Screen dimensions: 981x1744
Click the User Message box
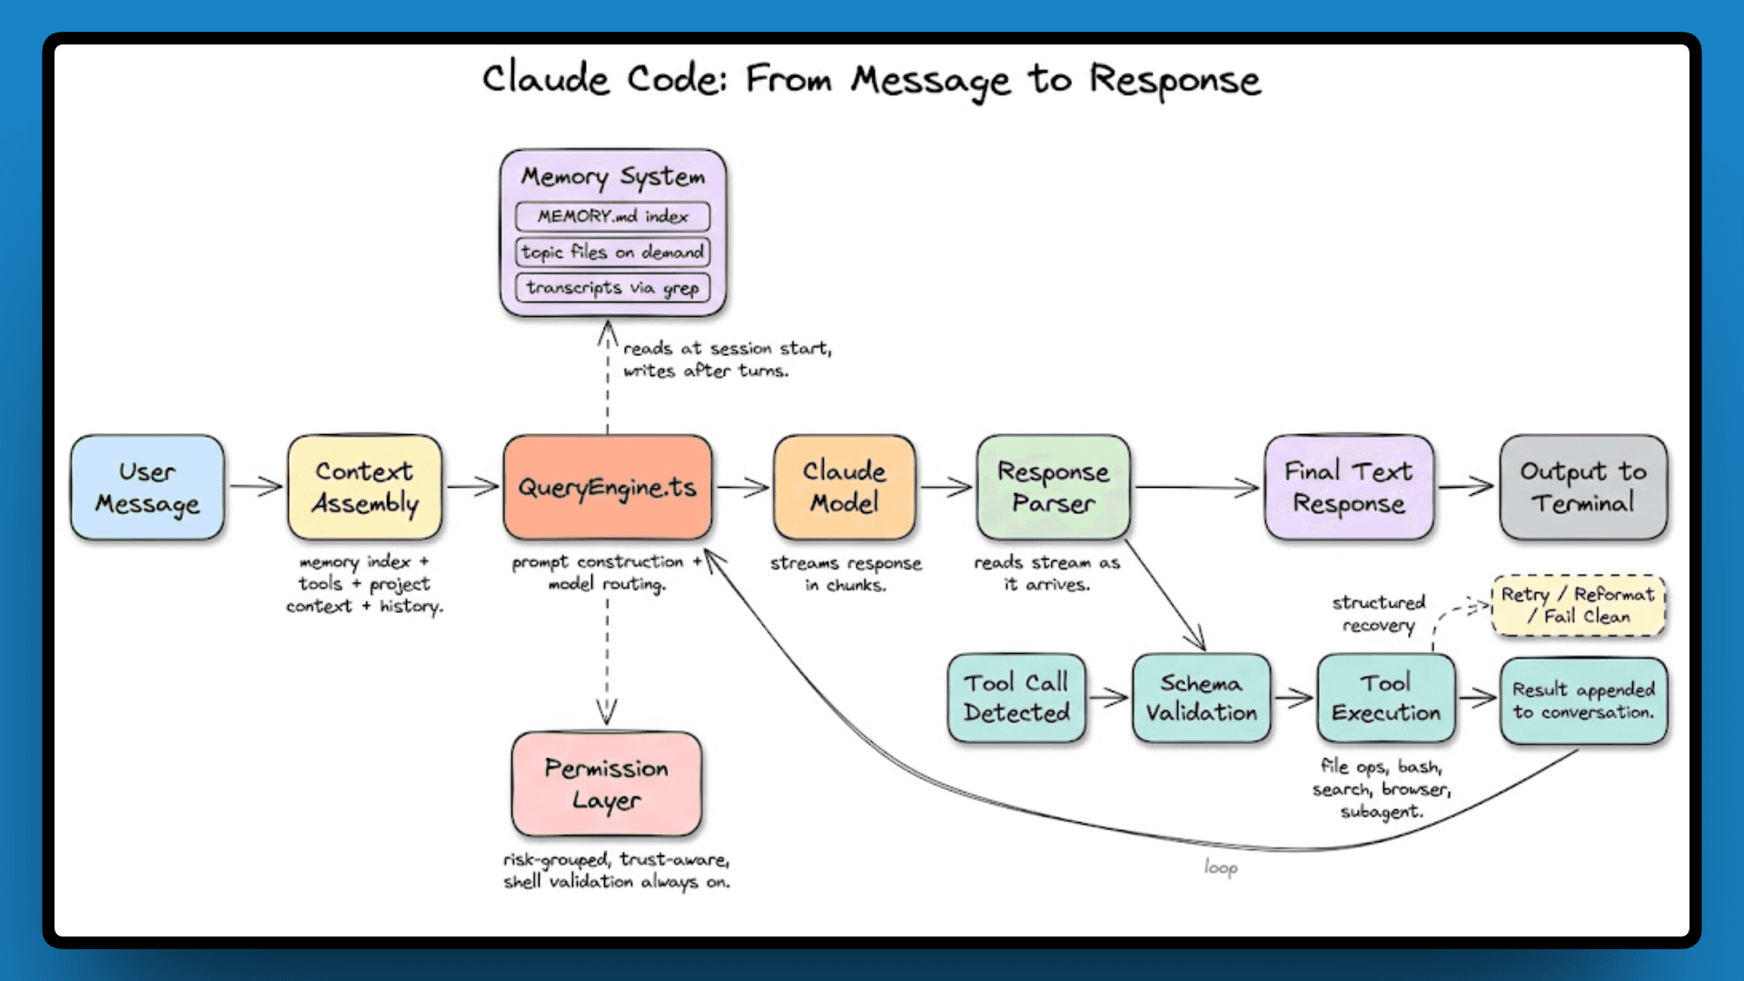click(x=147, y=488)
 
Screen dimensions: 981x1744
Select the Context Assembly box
click(x=365, y=488)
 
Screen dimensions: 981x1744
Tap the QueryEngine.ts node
click(x=608, y=488)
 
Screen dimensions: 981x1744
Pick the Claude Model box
click(x=845, y=488)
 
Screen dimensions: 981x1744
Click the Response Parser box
click(x=1054, y=488)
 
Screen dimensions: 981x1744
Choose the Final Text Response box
click(x=1349, y=488)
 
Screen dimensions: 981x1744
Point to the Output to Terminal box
click(x=1583, y=488)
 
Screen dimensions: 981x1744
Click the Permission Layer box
click(x=607, y=784)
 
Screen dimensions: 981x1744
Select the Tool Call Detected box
click(x=1016, y=698)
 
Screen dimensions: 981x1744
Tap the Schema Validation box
click(x=1201, y=698)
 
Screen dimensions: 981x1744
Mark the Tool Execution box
click(x=1386, y=698)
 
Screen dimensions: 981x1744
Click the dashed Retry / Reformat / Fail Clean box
click(x=1579, y=605)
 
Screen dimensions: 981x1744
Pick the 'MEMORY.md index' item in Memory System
click(x=613, y=216)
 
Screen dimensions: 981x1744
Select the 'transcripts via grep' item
click(x=613, y=288)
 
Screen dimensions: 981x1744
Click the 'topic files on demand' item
click(x=613, y=252)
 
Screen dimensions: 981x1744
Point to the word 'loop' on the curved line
click(x=1221, y=867)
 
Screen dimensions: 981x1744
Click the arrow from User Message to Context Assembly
click(x=255, y=487)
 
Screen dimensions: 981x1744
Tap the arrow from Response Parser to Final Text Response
click(x=1197, y=488)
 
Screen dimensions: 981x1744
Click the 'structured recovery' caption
click(x=1379, y=613)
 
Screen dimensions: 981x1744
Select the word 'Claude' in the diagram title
click(x=545, y=79)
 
